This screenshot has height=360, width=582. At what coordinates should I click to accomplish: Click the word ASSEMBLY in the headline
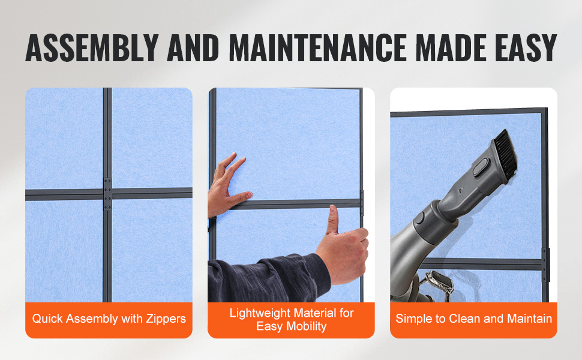click(92, 48)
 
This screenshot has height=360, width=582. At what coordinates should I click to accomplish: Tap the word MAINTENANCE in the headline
click(318, 48)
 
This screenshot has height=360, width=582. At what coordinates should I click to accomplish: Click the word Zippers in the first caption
click(166, 319)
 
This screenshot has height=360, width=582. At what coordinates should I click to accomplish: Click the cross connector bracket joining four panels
click(107, 194)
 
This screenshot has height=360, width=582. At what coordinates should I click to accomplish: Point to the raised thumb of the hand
click(333, 220)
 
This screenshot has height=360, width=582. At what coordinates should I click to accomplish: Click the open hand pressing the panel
click(227, 185)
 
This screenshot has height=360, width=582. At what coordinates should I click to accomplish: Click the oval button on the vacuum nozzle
click(480, 167)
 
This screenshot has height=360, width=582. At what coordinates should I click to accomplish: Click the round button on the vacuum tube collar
click(420, 218)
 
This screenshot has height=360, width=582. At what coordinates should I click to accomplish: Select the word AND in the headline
click(193, 48)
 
